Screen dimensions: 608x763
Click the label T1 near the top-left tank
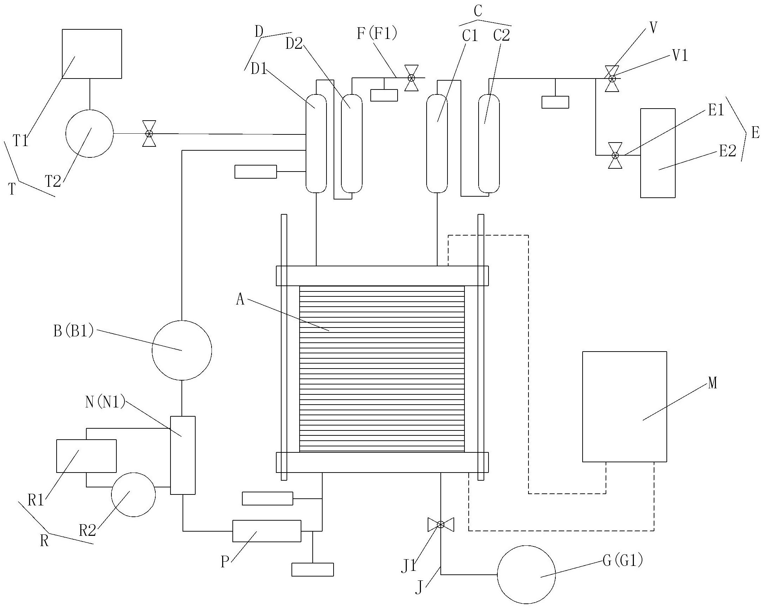coord(21,141)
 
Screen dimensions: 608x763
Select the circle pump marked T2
coord(89,133)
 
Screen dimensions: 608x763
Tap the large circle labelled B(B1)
coord(181,350)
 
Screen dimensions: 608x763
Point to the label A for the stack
coord(240,300)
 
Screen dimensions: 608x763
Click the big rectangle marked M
coord(624,407)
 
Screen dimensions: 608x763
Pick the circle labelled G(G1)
coord(526,575)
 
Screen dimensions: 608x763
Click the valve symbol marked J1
coord(441,525)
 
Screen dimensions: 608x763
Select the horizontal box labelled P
coord(266,531)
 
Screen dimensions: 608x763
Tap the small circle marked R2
coord(133,495)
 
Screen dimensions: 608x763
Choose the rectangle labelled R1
coord(86,456)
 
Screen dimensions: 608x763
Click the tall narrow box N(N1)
coord(183,455)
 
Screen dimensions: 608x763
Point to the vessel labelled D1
coord(316,143)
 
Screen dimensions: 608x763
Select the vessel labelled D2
coord(351,143)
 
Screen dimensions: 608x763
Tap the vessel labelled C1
coord(437,143)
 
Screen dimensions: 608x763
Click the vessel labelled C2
coord(489,143)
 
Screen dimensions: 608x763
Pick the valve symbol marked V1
coord(612,79)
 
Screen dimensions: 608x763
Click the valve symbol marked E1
coord(615,155)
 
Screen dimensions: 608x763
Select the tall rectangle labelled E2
coord(658,153)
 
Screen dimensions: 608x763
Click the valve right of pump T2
coord(149,133)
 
